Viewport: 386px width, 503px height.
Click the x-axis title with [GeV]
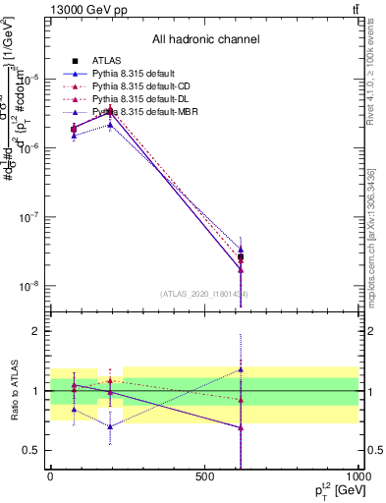tap(327, 491)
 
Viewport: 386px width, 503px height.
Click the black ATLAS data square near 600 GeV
tap(241, 257)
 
